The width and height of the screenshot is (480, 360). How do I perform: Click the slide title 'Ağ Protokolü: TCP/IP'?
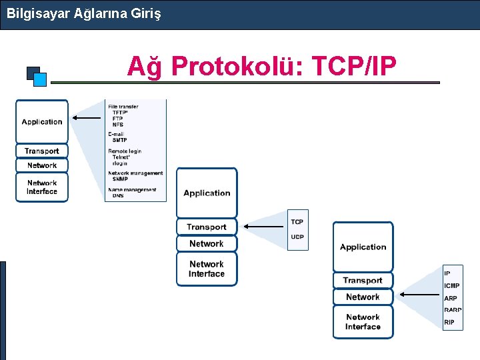point(261,66)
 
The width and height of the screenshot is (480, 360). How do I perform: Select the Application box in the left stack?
point(42,121)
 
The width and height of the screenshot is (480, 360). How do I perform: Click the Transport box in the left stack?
point(42,151)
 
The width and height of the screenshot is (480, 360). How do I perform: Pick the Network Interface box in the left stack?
point(42,187)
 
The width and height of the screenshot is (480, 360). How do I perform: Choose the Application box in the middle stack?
point(207,193)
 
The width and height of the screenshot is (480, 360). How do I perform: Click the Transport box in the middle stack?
point(207,227)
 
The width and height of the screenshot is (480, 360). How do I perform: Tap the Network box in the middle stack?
point(207,244)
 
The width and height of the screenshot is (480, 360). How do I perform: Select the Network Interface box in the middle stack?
point(207,269)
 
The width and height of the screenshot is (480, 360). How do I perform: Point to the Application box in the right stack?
point(363,247)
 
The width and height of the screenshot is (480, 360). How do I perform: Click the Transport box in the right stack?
point(363,281)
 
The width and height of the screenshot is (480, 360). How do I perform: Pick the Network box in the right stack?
point(363,297)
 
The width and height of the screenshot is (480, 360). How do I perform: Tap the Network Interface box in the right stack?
point(363,322)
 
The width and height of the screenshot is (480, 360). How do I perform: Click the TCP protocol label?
point(297,222)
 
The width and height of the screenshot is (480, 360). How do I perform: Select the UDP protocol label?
point(297,237)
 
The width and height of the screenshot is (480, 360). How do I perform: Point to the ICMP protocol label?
point(452,286)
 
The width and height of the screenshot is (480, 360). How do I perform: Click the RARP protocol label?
point(453,310)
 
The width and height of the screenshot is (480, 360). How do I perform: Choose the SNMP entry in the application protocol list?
point(120,179)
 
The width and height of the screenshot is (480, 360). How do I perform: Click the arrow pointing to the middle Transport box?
point(265,227)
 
